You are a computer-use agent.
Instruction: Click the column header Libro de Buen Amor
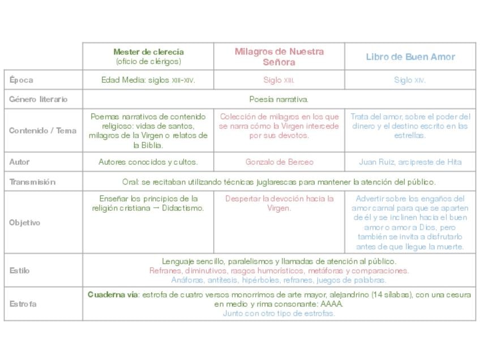click(x=410, y=57)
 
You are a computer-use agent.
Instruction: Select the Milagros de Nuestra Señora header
click(x=279, y=57)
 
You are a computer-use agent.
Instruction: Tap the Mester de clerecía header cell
click(x=148, y=57)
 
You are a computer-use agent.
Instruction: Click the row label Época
click(x=22, y=80)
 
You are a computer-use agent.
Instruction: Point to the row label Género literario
click(x=38, y=100)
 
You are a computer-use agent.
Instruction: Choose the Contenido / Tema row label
click(x=42, y=131)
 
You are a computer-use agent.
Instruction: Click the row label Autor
click(x=19, y=162)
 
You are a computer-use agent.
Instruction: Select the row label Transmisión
click(x=32, y=182)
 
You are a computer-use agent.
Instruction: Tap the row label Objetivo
click(x=24, y=222)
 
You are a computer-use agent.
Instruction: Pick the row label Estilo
click(x=19, y=271)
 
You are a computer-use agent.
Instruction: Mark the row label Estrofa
click(x=23, y=304)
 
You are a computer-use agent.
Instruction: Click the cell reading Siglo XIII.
click(x=279, y=80)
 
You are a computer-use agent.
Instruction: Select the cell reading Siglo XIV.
click(x=410, y=80)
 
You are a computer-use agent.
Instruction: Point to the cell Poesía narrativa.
click(x=279, y=100)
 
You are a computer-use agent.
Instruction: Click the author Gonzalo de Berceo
click(x=279, y=162)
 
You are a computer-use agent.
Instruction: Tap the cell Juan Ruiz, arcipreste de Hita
click(x=410, y=162)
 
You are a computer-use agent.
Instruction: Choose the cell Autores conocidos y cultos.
click(x=148, y=162)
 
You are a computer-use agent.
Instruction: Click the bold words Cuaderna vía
click(x=113, y=295)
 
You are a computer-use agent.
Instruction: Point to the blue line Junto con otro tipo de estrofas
click(x=279, y=313)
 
